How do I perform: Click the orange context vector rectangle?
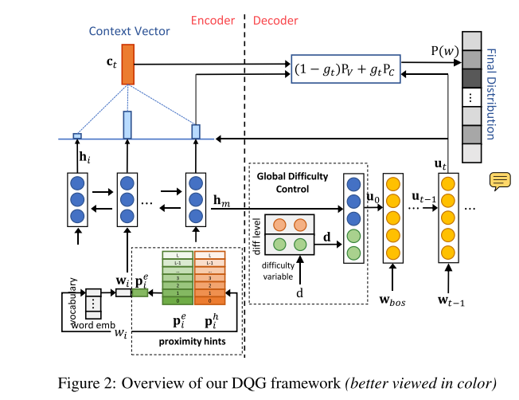[128, 64]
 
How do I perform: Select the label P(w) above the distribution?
[444, 52]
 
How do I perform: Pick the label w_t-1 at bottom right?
[451, 300]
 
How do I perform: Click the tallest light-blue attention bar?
[127, 125]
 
